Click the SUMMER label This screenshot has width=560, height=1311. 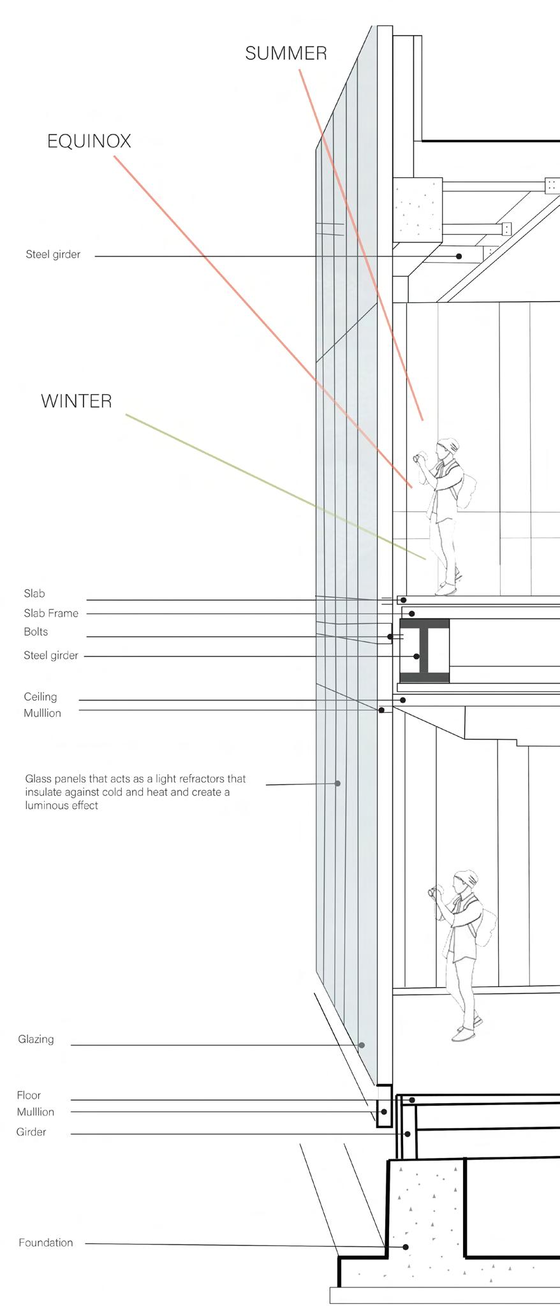[286, 54]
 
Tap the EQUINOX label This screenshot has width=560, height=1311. [89, 142]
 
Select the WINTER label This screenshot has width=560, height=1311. [77, 401]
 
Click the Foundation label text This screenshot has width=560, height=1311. [46, 1242]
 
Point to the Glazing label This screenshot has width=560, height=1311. [36, 1039]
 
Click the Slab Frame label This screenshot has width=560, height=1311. [51, 613]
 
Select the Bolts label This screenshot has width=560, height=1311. [36, 631]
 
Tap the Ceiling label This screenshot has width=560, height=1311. [40, 696]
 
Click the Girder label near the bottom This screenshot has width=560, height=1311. [31, 1132]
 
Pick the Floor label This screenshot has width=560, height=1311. [29, 1095]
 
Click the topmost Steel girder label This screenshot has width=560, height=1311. [53, 254]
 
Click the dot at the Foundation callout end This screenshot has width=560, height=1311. [406, 1247]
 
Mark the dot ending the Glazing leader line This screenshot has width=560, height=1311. [362, 1045]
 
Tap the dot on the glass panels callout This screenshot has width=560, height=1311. [338, 783]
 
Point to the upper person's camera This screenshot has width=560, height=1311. [418, 458]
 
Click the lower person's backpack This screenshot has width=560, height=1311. [488, 928]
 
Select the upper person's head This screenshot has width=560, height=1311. [448, 447]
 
